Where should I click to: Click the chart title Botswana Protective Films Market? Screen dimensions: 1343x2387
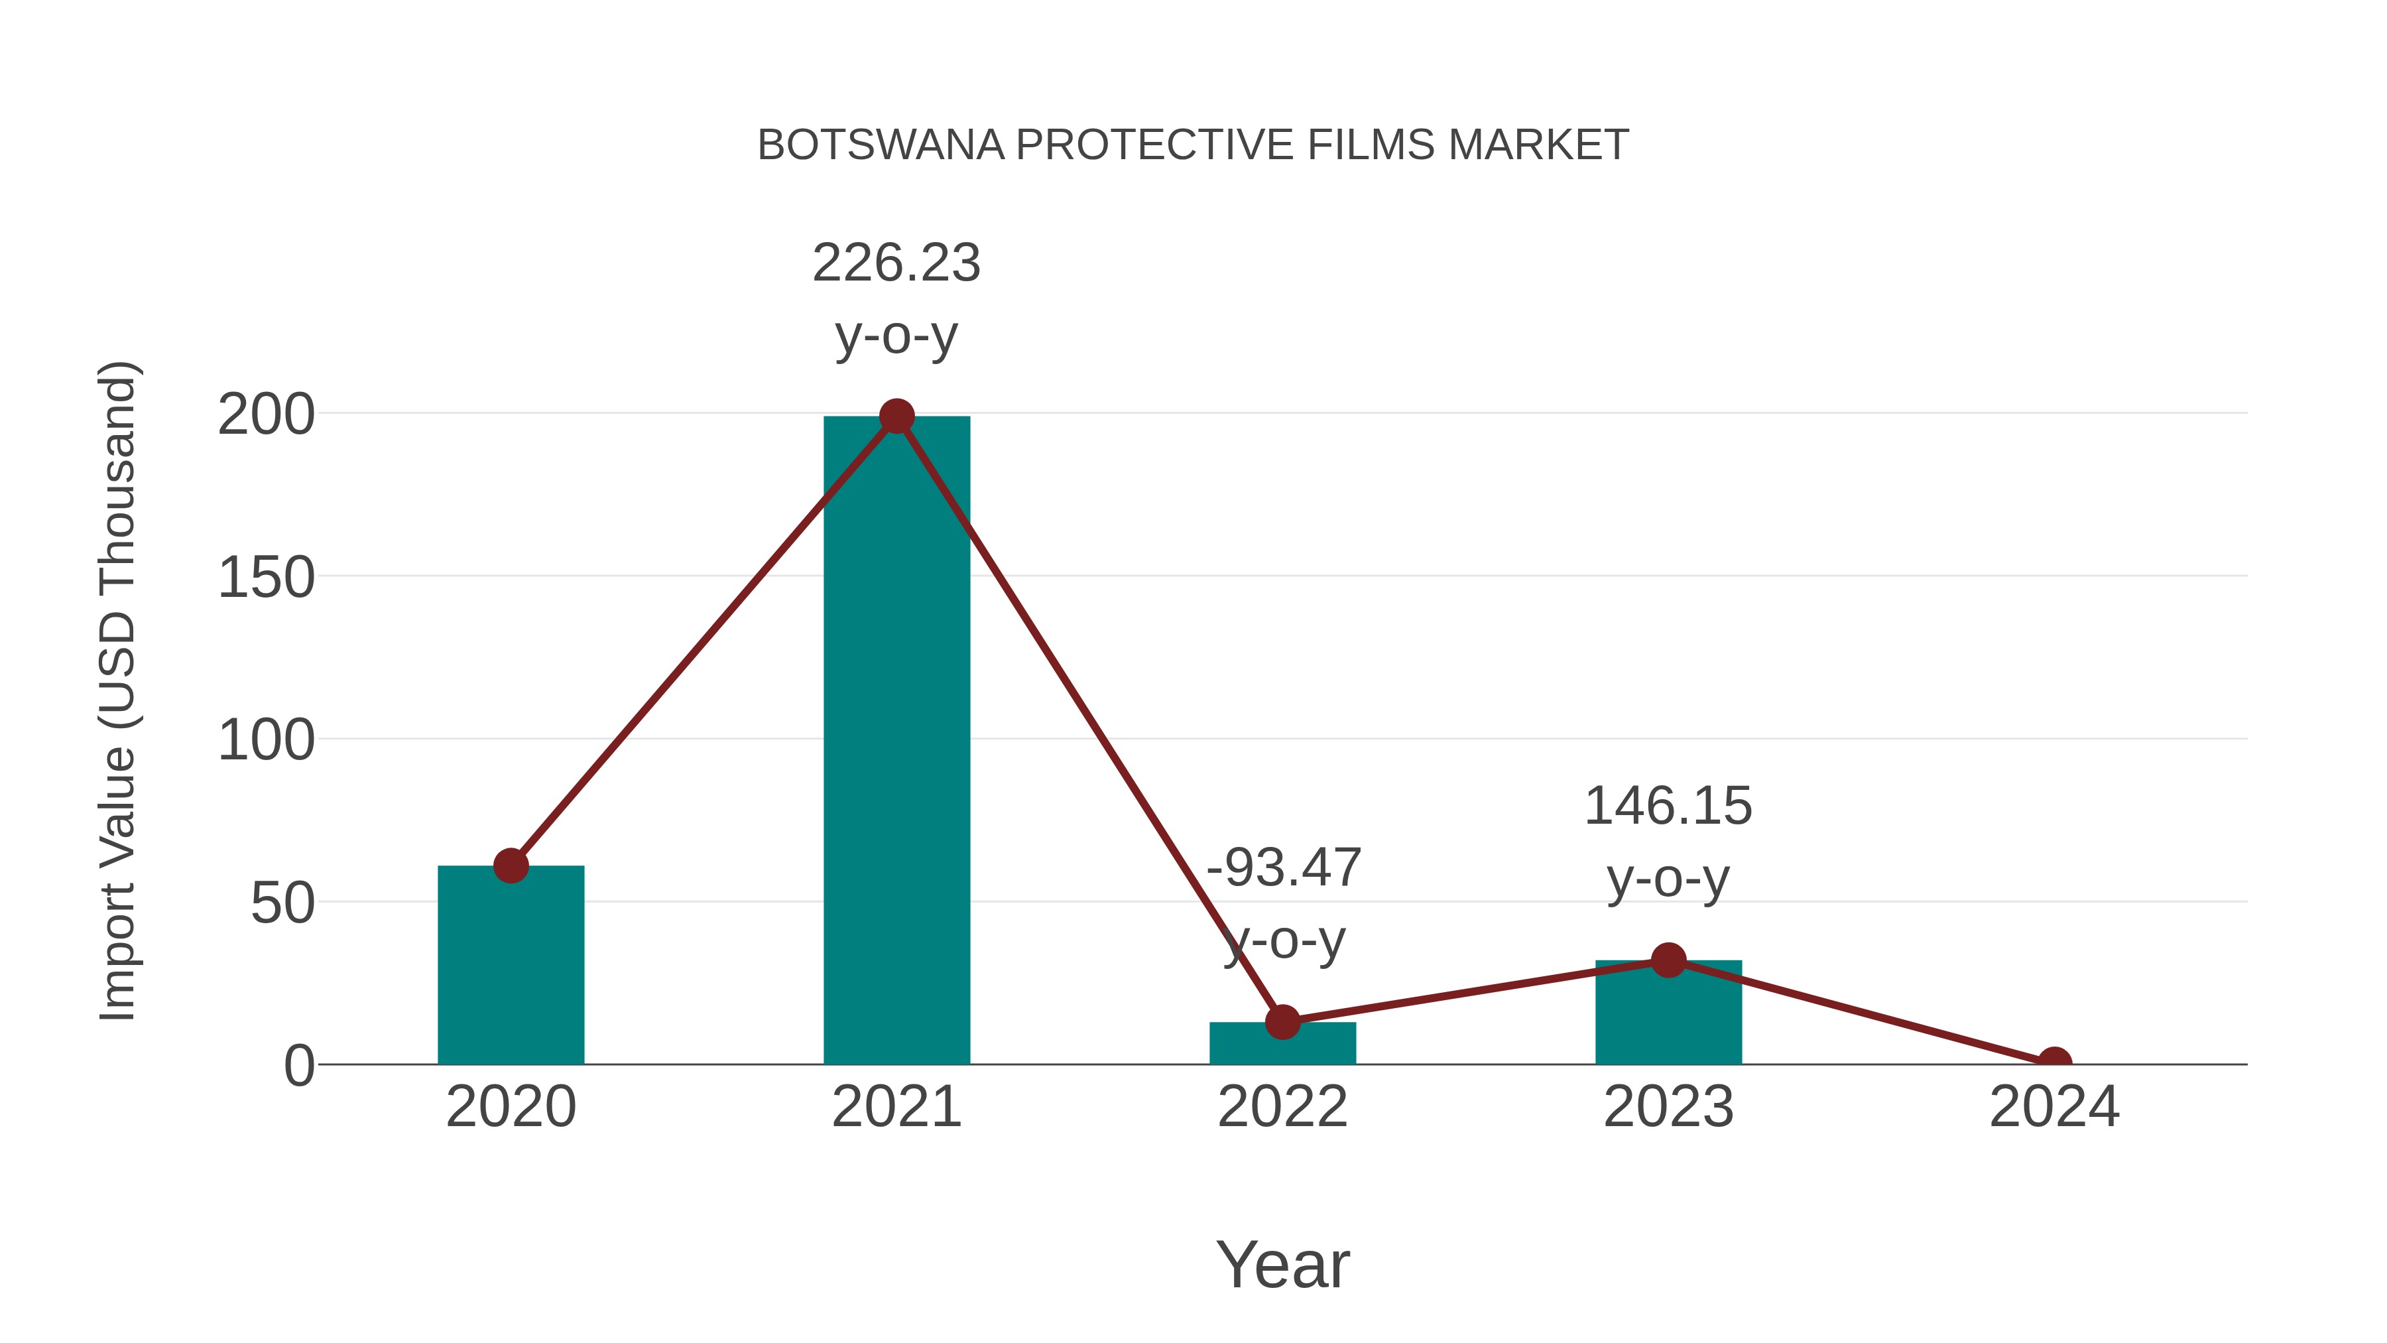(1193, 145)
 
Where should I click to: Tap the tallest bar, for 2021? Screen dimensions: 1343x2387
(896, 741)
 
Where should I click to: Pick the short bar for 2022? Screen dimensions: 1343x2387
(1282, 1045)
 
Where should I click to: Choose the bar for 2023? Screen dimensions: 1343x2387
(1668, 1014)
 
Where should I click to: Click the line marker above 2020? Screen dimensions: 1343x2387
(511, 865)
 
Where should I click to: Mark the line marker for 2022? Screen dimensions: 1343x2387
(1282, 1022)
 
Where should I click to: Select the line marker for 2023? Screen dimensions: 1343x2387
(1668, 961)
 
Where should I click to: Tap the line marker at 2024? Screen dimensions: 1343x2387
(2054, 1062)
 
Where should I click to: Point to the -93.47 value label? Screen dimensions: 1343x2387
(1284, 868)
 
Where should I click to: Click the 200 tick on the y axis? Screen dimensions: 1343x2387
(266, 415)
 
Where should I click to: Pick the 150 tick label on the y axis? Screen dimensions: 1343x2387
(266, 578)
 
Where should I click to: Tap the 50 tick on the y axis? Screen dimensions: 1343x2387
(282, 904)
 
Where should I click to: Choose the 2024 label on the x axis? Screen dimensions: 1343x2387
(2054, 1108)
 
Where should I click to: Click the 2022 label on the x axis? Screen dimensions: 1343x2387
(1282, 1108)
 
